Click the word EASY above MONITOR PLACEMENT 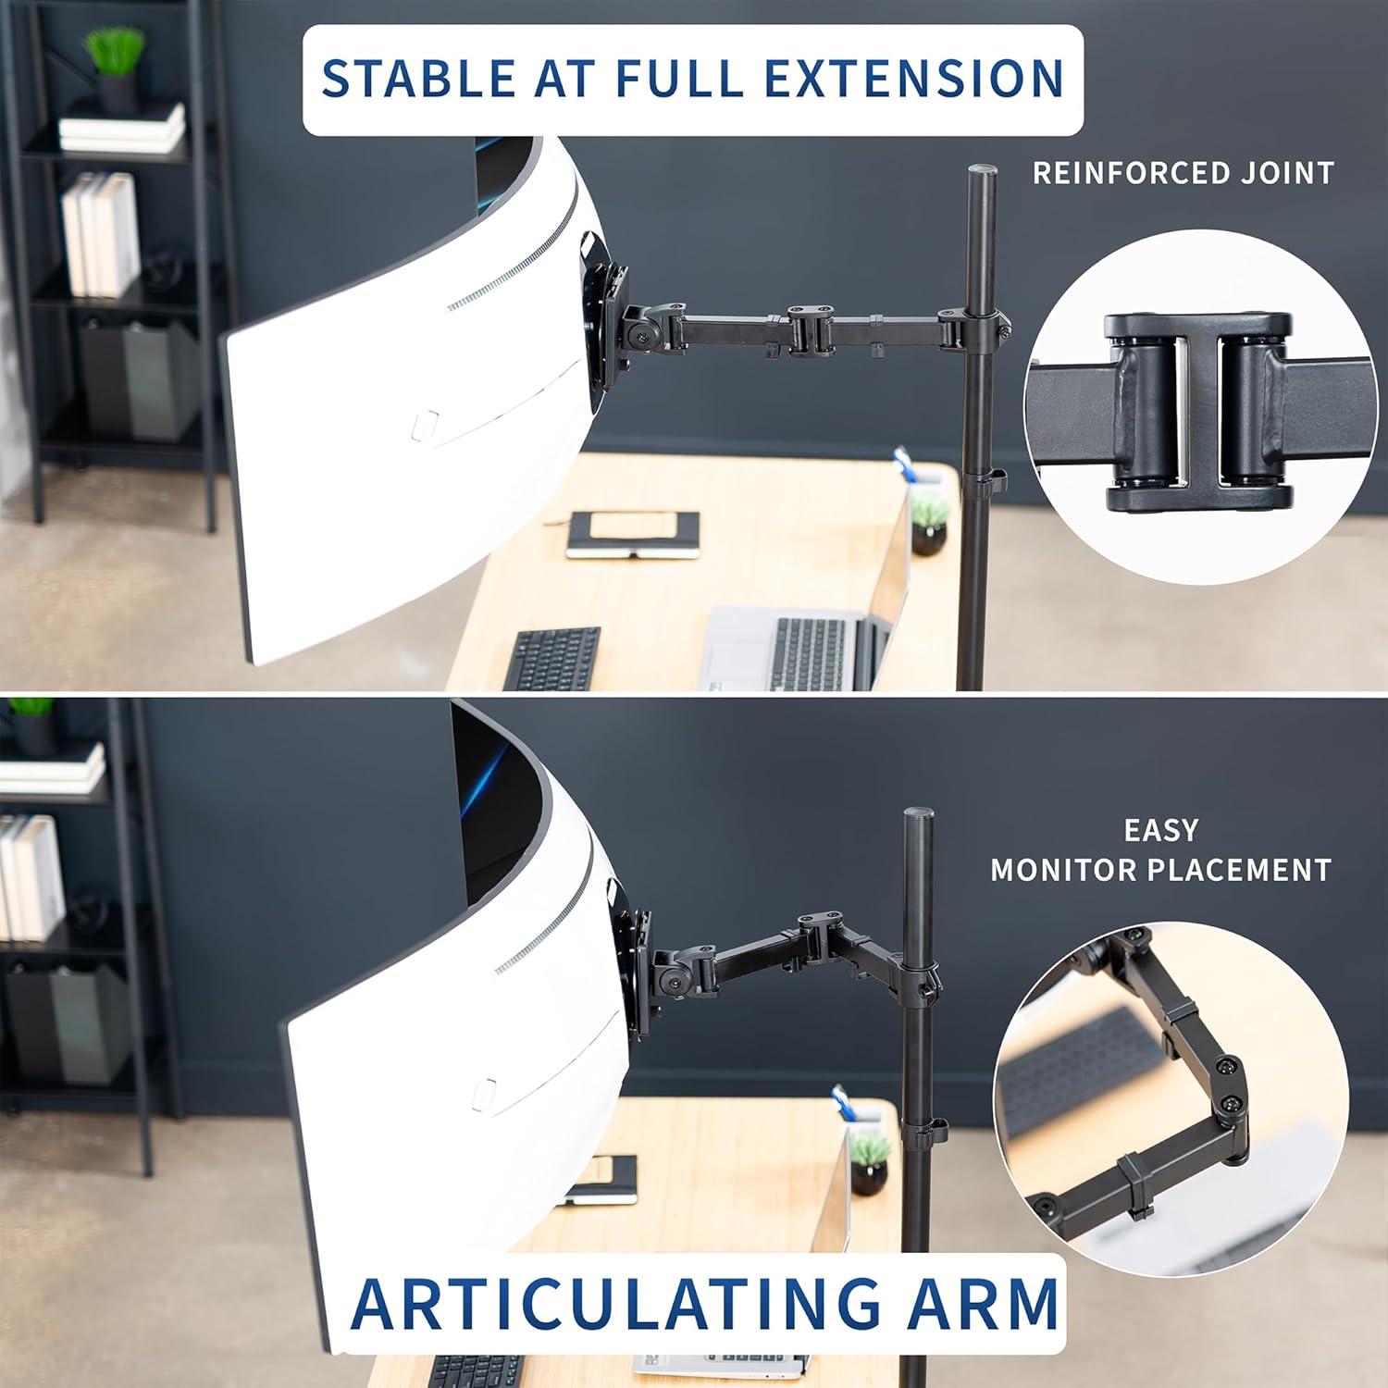coord(1160,830)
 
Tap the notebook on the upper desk coord(633,535)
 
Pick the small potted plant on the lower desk coord(869,1162)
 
